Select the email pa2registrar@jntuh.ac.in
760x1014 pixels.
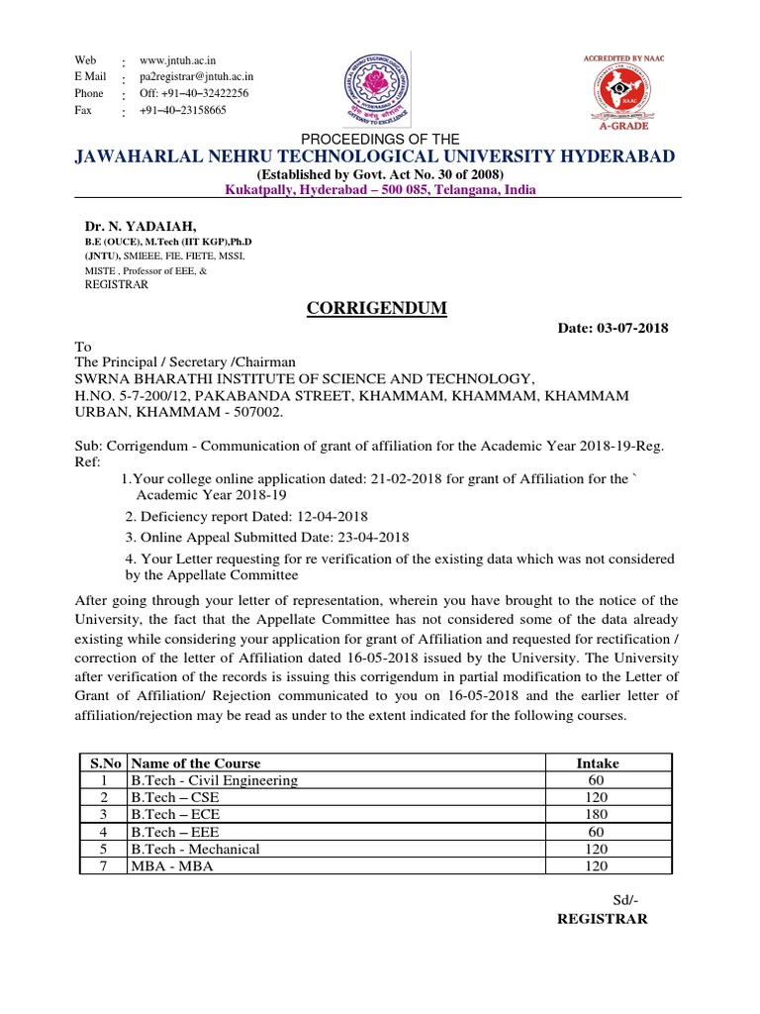coord(197,76)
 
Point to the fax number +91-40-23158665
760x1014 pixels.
coord(182,110)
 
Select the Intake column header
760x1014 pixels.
coord(597,762)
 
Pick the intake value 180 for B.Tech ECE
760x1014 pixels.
coord(596,814)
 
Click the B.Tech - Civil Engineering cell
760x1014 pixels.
coord(214,780)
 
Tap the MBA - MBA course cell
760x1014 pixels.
coord(171,865)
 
